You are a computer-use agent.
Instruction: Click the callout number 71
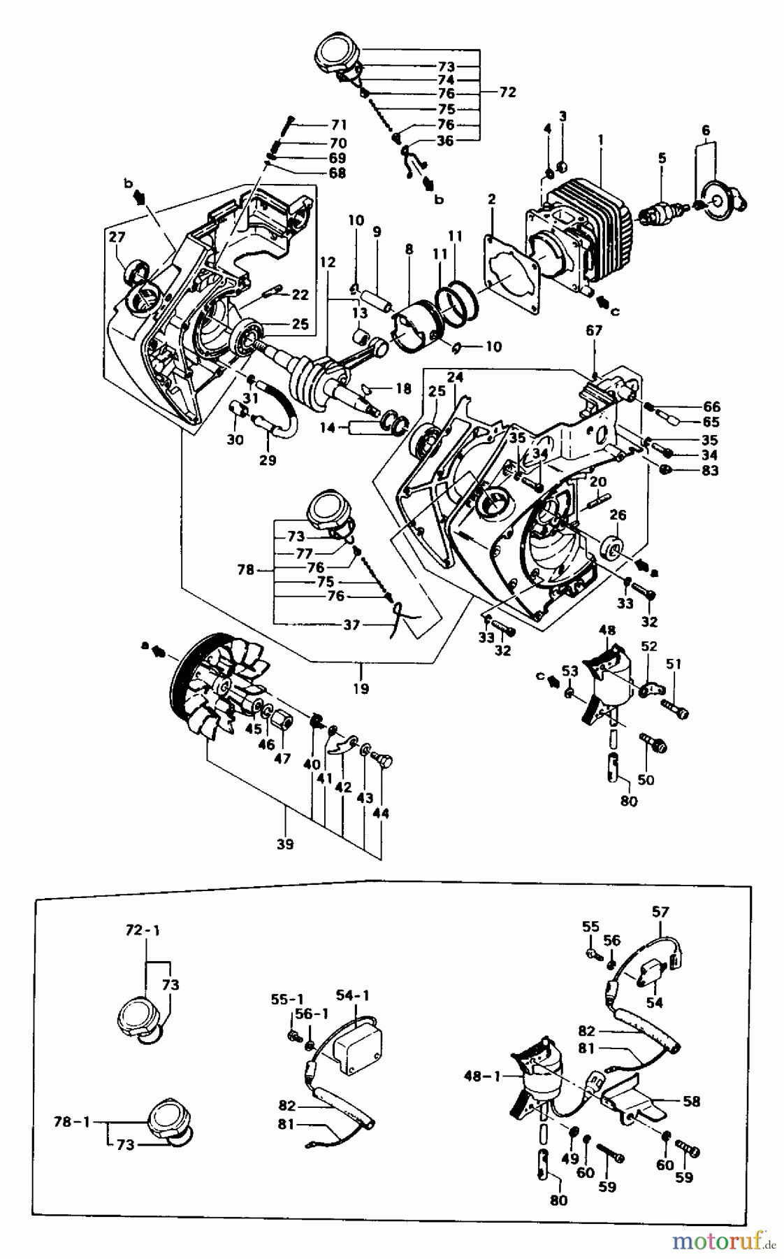(x=339, y=125)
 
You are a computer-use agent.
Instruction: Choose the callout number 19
(x=361, y=689)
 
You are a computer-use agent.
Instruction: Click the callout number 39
(x=285, y=844)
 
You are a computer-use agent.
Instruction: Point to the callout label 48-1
(x=482, y=1076)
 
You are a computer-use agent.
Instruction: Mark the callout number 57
(x=660, y=911)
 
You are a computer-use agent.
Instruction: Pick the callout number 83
(x=710, y=471)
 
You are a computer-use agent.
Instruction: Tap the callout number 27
(x=116, y=238)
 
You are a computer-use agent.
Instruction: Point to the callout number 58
(x=691, y=1102)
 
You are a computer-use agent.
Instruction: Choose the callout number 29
(x=267, y=460)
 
